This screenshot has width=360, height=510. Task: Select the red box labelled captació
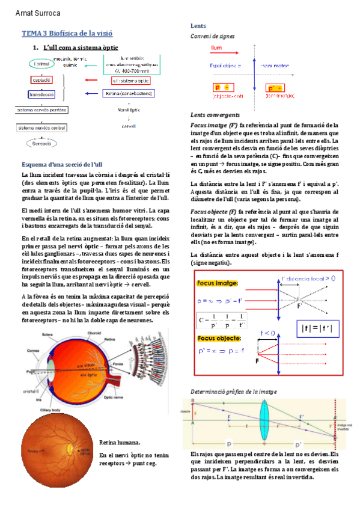(x=40, y=79)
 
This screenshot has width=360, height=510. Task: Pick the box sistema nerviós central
(x=41, y=127)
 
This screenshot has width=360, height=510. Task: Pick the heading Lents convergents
(x=215, y=114)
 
